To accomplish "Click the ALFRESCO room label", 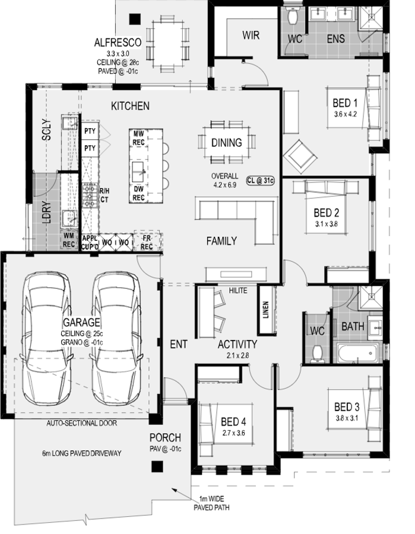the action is (118, 43).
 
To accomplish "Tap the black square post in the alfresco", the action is (135, 19).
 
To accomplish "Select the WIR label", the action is (251, 35).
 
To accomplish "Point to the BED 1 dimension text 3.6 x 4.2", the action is (346, 115).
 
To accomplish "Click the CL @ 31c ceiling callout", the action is (261, 180).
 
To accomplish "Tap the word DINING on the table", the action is (227, 142).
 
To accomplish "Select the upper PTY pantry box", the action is (90, 131).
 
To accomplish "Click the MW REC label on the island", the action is (138, 138).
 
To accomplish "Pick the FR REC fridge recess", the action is (147, 242).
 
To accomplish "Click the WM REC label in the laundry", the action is (69, 240).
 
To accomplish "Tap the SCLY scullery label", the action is (47, 129).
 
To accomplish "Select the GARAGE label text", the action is (81, 322).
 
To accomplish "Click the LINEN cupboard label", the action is (266, 310).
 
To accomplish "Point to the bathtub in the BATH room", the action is (358, 353).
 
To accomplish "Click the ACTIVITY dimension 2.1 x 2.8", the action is (237, 355).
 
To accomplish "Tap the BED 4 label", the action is (233, 422).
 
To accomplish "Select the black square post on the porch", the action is (157, 466).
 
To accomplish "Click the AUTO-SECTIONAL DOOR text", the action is (82, 423).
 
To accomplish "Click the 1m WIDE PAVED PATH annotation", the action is (211, 503).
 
